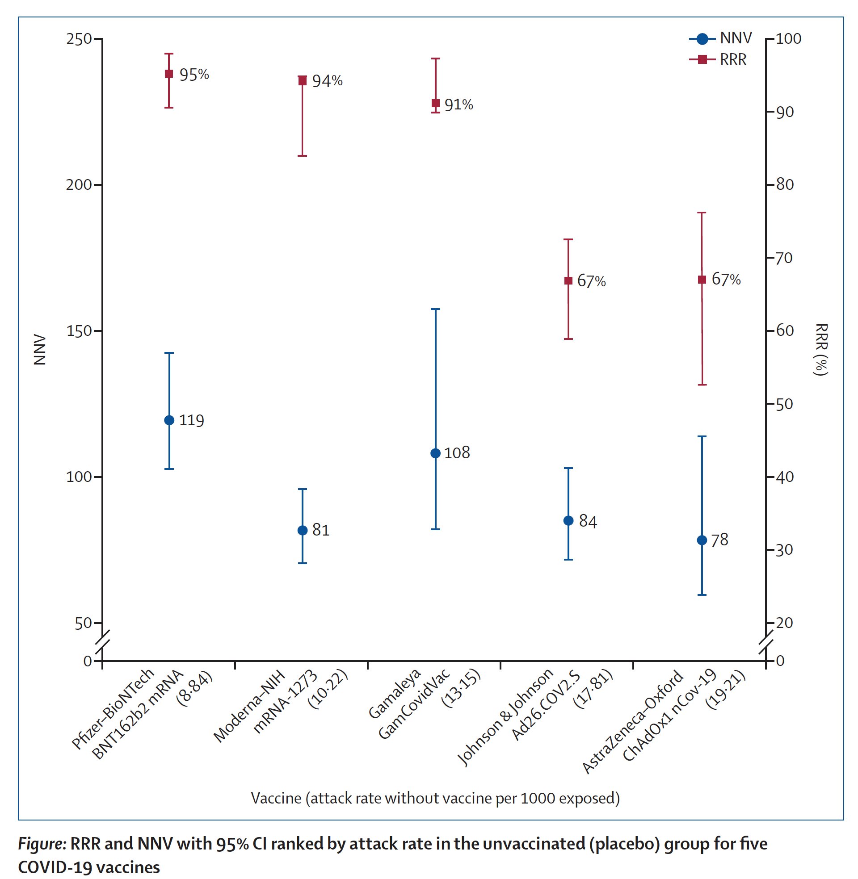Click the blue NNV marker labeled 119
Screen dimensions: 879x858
[x=169, y=420]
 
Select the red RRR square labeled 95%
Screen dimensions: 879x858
[x=169, y=74]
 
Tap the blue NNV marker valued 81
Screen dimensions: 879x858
[x=303, y=531]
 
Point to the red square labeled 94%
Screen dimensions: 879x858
[x=303, y=80]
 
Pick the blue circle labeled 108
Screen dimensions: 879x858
[x=435, y=453]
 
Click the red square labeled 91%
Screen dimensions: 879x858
[x=435, y=104]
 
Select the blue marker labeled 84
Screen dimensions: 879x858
[x=568, y=520]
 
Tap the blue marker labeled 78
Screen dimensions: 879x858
[x=702, y=540]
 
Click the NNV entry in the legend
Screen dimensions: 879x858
[x=721, y=39]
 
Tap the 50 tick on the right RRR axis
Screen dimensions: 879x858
[x=785, y=404]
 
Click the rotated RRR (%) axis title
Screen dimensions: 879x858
[x=821, y=349]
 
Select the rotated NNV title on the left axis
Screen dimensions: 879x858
[x=40, y=349]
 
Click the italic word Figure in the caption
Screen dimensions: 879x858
[x=43, y=843]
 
